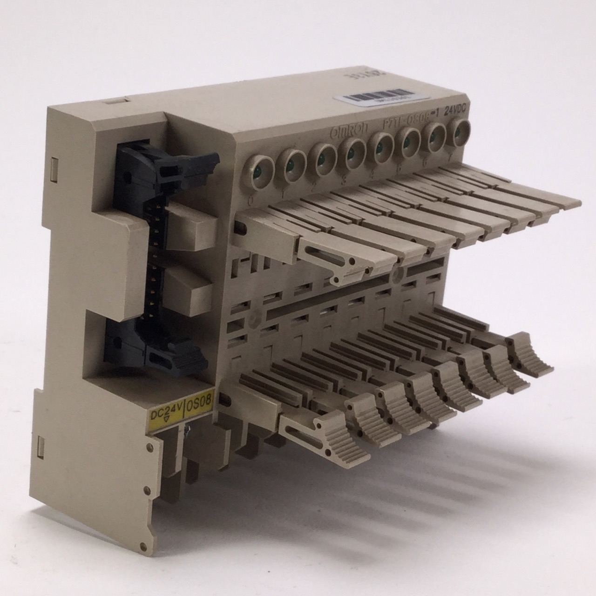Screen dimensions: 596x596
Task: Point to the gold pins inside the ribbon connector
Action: [151, 261]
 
